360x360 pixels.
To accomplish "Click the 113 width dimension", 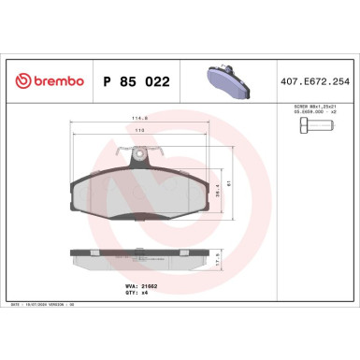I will [140, 130].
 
